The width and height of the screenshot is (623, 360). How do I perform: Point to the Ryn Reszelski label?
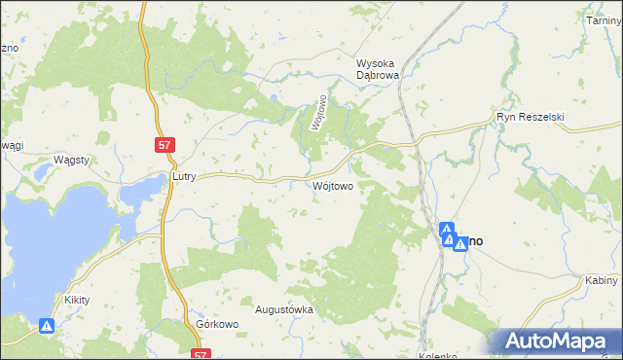coord(530,117)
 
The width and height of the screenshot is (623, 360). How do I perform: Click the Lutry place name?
coord(184,178)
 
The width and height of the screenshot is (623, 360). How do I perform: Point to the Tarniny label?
coord(604,20)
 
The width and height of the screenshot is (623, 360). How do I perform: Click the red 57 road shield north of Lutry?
coord(166,144)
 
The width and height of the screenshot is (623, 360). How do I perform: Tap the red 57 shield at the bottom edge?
coord(201,355)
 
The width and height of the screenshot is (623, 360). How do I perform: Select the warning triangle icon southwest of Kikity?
coord(46,328)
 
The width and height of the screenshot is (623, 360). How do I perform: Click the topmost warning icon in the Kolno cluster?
coord(447,230)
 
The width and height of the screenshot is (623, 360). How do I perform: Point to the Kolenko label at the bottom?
coord(438,356)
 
